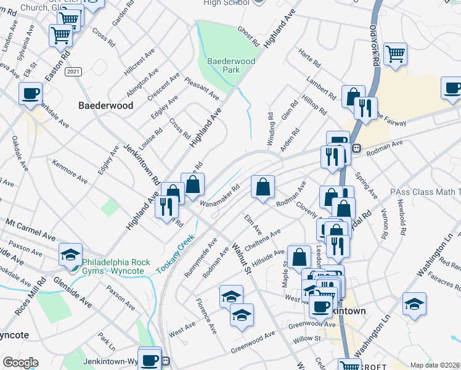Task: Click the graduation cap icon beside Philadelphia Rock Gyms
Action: (71, 254)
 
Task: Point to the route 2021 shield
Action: (73, 72)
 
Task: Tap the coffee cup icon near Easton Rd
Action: (30, 94)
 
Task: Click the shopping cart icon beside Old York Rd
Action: (395, 54)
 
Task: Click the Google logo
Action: (20, 363)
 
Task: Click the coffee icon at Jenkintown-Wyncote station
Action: (149, 359)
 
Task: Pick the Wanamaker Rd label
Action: (219, 195)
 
